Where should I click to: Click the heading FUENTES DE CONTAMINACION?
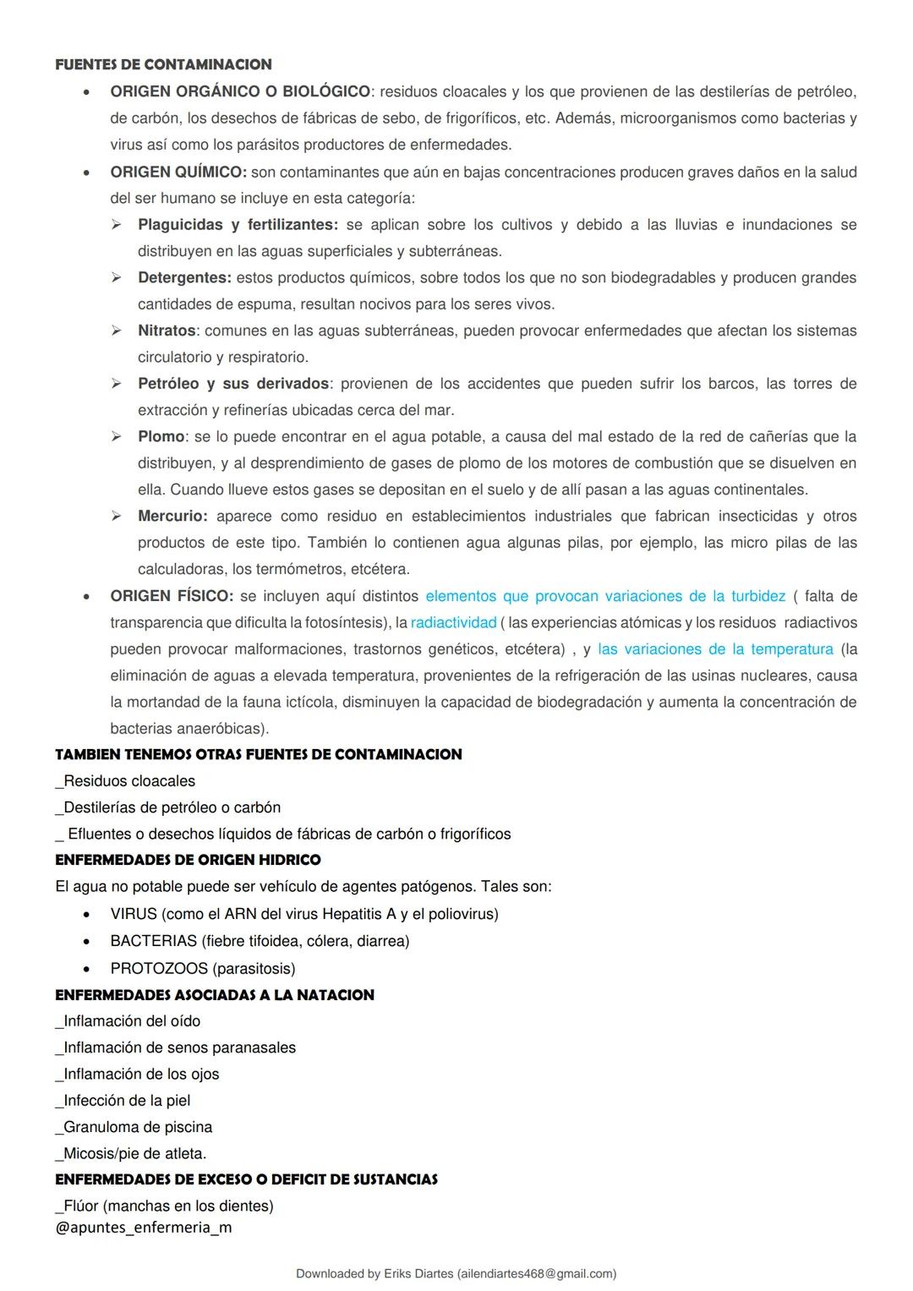(163, 64)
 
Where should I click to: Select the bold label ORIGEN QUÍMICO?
(178, 172)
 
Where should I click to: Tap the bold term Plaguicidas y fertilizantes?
(238, 225)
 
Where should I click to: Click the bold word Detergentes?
(184, 278)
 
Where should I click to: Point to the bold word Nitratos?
(167, 331)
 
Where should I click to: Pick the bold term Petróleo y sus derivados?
(232, 384)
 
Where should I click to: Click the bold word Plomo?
(161, 437)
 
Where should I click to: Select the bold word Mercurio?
(172, 517)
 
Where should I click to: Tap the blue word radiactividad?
(453, 623)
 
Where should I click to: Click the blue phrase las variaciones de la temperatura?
(715, 649)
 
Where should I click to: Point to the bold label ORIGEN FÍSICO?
(171, 596)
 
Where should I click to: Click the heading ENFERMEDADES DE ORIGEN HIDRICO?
(188, 860)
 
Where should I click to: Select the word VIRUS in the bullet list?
(134, 914)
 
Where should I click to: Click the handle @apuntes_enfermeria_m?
(143, 1227)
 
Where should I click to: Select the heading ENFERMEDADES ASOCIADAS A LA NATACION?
(214, 995)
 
